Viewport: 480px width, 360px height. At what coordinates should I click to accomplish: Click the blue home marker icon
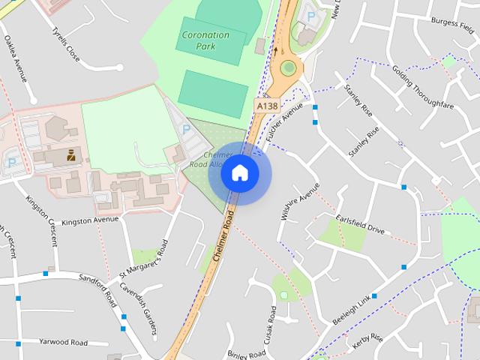click(239, 173)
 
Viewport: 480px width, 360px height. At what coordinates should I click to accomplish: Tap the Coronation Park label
click(205, 40)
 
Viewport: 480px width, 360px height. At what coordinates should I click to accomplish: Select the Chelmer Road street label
click(224, 235)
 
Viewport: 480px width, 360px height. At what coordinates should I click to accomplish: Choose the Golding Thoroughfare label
click(422, 87)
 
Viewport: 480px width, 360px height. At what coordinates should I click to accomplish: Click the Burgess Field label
click(454, 23)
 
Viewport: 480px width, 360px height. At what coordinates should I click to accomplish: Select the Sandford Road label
click(97, 289)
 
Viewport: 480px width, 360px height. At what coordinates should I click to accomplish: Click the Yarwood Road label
click(63, 342)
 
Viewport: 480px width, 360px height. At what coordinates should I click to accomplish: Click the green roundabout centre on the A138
click(288, 68)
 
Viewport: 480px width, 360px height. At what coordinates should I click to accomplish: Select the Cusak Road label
click(271, 331)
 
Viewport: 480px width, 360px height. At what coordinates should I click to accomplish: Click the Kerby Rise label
click(367, 342)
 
